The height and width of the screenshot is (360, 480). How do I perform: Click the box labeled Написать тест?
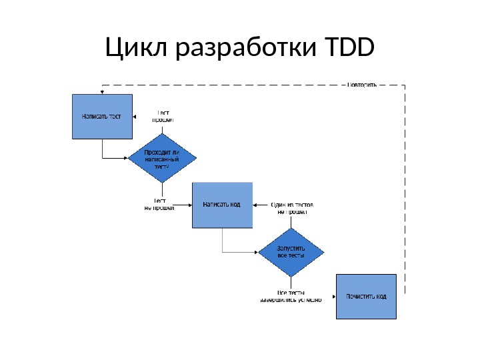pos(102,116)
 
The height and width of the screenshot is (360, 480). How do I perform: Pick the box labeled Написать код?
pos(223,205)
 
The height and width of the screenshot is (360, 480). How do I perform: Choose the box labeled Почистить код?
pos(366,296)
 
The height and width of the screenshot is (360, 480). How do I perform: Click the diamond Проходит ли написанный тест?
pos(163,160)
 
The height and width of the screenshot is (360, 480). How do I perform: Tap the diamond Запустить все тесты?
pos(291,251)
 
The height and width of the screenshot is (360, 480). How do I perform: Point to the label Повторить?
pos(363,85)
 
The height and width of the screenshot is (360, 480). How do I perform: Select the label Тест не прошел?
pos(159,204)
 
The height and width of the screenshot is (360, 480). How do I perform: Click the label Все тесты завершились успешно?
pos(291,296)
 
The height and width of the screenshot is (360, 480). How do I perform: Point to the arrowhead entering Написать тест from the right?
pos(135,117)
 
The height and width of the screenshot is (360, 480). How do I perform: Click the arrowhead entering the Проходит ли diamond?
pos(127,159)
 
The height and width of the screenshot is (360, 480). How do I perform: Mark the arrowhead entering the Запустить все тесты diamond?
pos(255,252)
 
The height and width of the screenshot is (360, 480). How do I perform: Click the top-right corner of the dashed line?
pos(405,85)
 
